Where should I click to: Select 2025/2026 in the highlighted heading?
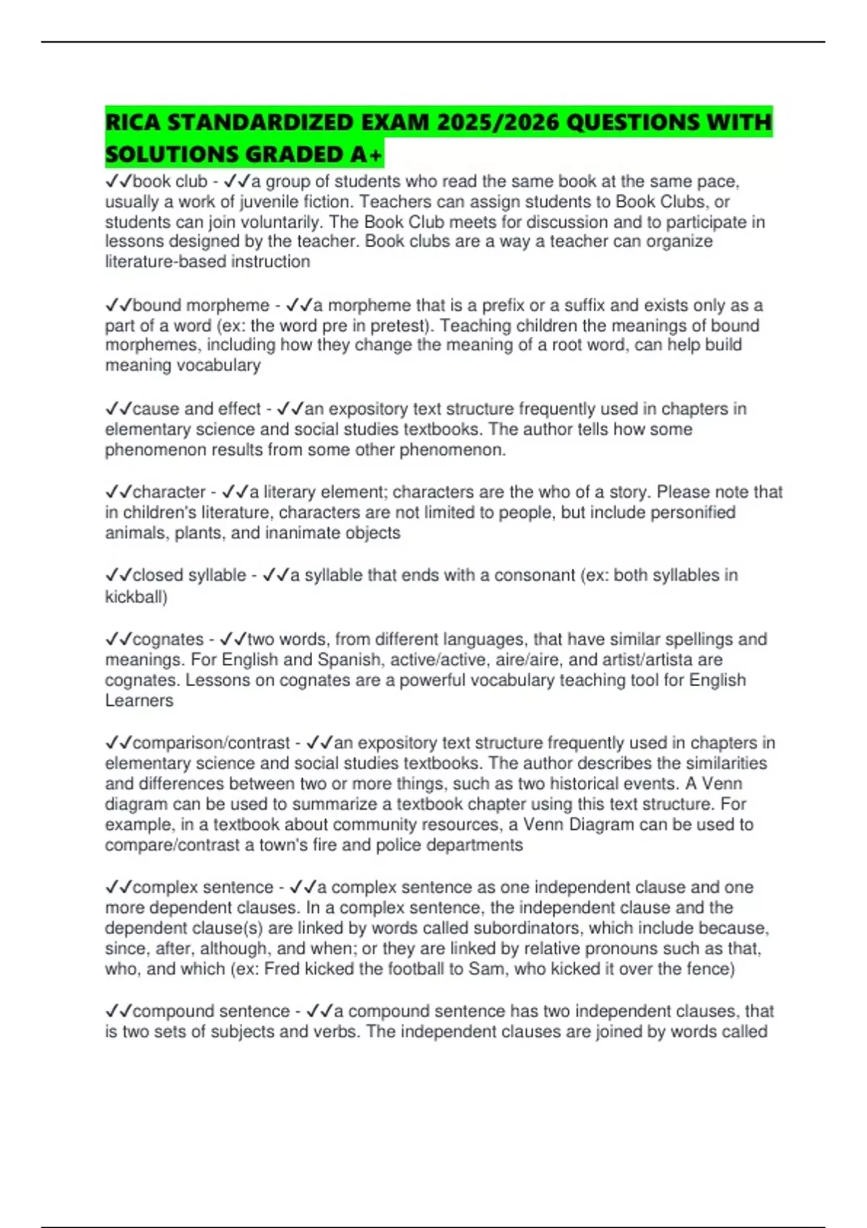click(x=494, y=122)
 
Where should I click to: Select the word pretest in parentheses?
click(x=400, y=326)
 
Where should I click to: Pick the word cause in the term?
click(x=156, y=409)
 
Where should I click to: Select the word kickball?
click(x=134, y=597)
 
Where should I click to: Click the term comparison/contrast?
click(x=211, y=743)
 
